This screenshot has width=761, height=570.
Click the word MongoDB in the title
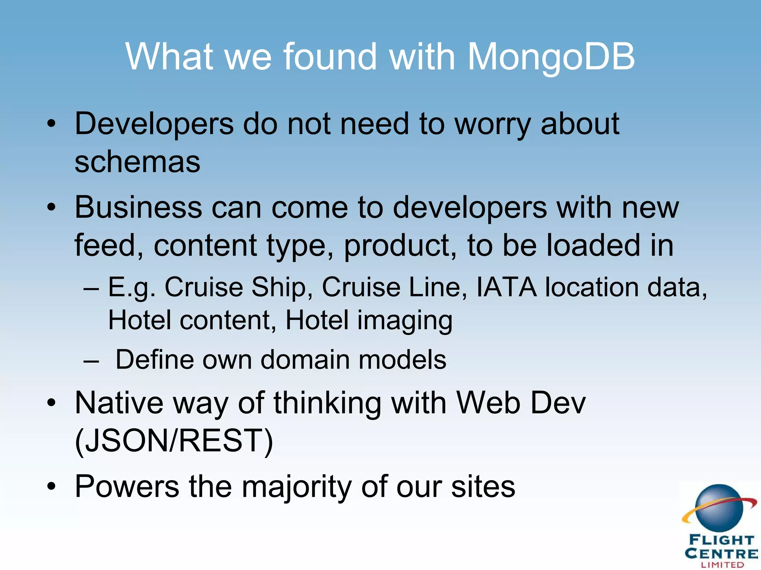click(551, 56)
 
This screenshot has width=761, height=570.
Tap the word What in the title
click(169, 56)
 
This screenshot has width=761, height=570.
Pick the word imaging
click(405, 320)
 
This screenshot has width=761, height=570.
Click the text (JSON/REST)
click(174, 441)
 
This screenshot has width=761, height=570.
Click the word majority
click(297, 487)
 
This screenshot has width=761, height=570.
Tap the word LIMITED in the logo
click(722, 565)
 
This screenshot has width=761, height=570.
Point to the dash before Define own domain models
click(91, 361)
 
